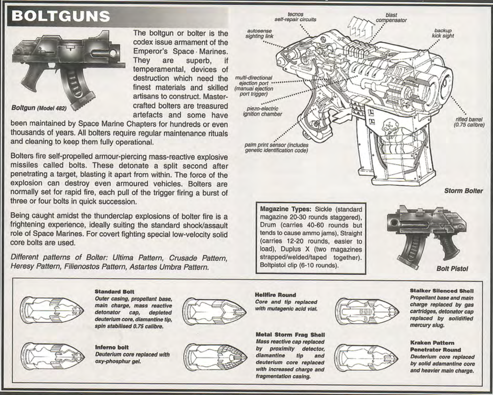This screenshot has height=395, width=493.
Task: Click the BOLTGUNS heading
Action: pyautogui.click(x=61, y=17)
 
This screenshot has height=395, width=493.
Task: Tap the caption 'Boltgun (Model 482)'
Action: pyautogui.click(x=39, y=108)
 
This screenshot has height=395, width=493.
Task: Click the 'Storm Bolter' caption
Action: pyautogui.click(x=463, y=191)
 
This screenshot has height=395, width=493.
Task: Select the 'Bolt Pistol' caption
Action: pyautogui.click(x=452, y=269)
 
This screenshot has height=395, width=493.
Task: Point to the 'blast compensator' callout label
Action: pyautogui.click(x=391, y=18)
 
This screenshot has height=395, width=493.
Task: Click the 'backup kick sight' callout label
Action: pyautogui.click(x=443, y=33)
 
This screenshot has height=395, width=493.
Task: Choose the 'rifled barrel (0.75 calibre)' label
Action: pyautogui.click(x=469, y=122)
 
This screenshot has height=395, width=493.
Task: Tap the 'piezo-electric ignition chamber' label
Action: pyautogui.click(x=262, y=111)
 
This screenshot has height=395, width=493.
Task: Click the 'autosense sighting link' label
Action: pyautogui.click(x=259, y=33)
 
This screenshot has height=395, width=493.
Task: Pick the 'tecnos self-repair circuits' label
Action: pyautogui.click(x=295, y=17)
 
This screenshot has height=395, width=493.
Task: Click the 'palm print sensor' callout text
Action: pyautogui.click(x=276, y=148)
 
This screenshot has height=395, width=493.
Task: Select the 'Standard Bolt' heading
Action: pyautogui.click(x=114, y=292)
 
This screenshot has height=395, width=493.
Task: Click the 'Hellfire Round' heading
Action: pyautogui.click(x=275, y=295)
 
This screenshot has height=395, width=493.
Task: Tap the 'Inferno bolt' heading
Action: pyautogui.click(x=112, y=347)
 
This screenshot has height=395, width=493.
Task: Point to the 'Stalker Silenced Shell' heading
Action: pyautogui.click(x=442, y=291)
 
